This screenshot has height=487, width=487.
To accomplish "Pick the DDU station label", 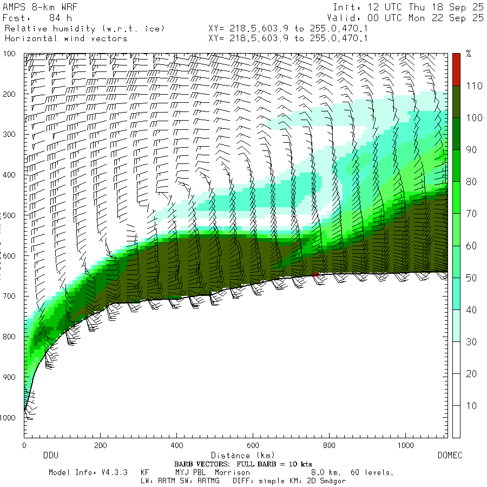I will tap(50, 456).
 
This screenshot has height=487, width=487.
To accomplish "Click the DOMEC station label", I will tap(450, 456).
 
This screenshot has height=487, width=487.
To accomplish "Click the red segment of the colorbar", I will tap(456, 69).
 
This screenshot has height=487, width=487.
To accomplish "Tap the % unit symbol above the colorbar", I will tap(469, 54).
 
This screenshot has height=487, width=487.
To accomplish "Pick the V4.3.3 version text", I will tap(113, 472).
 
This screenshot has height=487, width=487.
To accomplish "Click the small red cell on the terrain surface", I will tap(315, 274).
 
